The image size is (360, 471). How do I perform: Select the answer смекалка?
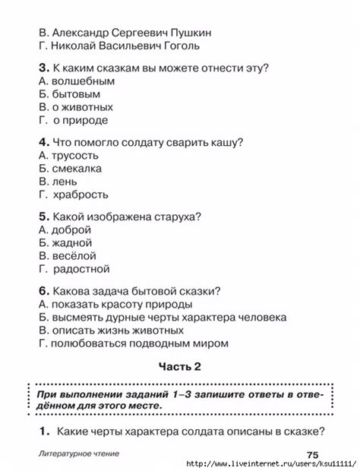(x=77, y=169)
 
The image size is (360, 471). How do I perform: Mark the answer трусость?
(x=77, y=155)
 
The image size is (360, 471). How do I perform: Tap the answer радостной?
(x=81, y=269)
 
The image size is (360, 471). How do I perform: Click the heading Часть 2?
(x=179, y=366)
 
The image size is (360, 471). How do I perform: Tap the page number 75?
(x=313, y=455)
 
